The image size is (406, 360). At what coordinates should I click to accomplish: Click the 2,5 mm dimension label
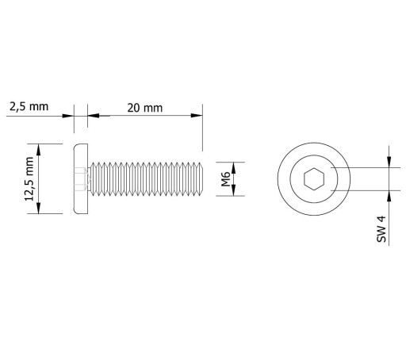(29, 107)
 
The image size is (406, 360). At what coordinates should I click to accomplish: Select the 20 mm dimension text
(145, 108)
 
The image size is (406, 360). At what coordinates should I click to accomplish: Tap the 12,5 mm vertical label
(29, 179)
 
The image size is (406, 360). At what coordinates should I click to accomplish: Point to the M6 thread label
(225, 179)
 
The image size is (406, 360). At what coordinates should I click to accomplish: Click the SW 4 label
(381, 229)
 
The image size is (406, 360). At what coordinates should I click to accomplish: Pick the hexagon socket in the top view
(314, 179)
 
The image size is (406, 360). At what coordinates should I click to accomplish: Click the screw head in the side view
(81, 179)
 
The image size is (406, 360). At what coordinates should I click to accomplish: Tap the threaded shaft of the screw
(146, 179)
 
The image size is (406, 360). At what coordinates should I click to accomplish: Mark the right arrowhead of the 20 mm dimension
(197, 116)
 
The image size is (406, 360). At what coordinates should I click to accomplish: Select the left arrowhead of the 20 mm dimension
(94, 116)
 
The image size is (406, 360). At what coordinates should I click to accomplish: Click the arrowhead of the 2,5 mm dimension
(67, 116)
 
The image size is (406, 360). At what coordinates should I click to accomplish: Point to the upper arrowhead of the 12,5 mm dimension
(39, 150)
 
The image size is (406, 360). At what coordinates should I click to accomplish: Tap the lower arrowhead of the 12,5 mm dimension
(39, 208)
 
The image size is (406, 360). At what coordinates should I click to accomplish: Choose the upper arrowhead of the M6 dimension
(234, 168)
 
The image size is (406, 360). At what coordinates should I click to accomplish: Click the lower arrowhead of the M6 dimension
(234, 190)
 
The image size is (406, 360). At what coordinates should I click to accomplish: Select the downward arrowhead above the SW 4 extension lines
(389, 162)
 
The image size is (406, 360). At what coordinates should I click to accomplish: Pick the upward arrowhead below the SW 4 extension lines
(389, 196)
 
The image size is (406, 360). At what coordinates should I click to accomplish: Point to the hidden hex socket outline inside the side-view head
(80, 179)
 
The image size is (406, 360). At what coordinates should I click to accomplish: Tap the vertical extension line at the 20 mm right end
(203, 128)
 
